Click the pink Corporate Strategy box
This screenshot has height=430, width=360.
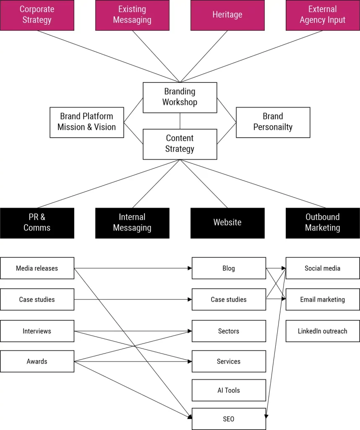click(x=37, y=15)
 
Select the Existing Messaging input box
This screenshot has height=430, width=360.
click(x=132, y=15)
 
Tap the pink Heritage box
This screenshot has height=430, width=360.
click(x=227, y=15)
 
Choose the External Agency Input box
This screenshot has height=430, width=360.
click(x=323, y=15)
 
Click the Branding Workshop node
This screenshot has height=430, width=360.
click(x=180, y=97)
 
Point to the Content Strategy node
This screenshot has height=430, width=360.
click(x=180, y=144)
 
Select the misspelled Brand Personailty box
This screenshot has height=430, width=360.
click(x=273, y=122)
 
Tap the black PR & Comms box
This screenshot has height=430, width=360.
click(x=37, y=223)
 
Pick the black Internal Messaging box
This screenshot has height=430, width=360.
click(x=132, y=223)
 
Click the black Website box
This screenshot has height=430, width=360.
click(x=227, y=223)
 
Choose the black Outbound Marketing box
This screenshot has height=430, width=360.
click(x=323, y=223)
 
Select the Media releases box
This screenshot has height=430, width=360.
click(x=37, y=268)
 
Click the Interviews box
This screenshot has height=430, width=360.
click(x=37, y=331)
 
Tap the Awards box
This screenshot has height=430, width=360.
click(x=37, y=361)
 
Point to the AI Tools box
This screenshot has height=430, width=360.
click(x=229, y=390)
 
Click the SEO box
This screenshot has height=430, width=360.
click(x=229, y=419)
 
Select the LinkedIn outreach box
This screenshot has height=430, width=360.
click(x=323, y=331)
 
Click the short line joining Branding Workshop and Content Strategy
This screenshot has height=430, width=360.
click(x=180, y=121)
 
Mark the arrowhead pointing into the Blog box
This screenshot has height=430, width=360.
click(x=189, y=268)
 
